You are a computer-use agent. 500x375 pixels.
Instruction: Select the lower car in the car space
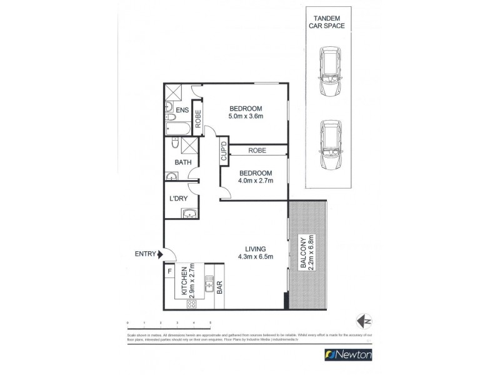[x=329, y=144]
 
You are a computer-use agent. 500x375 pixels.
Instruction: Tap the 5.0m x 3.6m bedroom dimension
[x=245, y=116]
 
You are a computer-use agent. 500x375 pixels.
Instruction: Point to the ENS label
[x=182, y=111]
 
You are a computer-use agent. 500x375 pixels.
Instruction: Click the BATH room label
[x=183, y=162]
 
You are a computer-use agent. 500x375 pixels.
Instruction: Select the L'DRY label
[x=179, y=199]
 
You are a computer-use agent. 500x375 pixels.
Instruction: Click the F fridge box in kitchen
[x=169, y=272]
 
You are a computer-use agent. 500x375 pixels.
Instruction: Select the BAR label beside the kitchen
[x=219, y=288]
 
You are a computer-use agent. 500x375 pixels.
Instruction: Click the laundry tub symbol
[x=189, y=214]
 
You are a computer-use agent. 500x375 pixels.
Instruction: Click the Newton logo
[x=349, y=354]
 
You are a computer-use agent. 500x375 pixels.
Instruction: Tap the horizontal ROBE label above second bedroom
[x=257, y=151]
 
